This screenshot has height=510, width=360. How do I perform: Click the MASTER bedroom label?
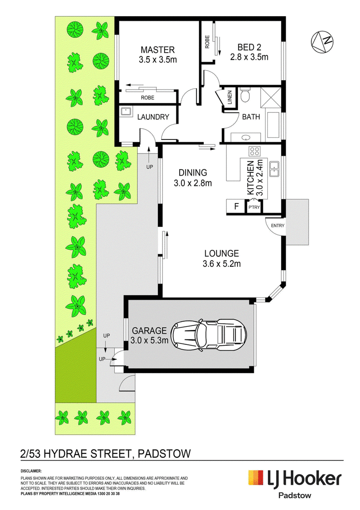(157, 50)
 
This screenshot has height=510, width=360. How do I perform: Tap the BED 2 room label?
(249, 47)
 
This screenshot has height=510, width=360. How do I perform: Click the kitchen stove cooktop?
(254, 151)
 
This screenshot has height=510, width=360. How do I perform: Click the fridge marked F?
(236, 206)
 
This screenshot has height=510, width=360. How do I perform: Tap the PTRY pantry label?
(254, 207)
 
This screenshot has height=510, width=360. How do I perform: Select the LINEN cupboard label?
(230, 97)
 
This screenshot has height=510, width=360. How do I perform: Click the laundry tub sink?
(126, 112)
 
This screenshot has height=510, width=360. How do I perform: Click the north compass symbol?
(322, 41)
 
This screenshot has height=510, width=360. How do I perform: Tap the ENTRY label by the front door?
(277, 226)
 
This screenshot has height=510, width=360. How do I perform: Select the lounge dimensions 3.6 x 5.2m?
(221, 264)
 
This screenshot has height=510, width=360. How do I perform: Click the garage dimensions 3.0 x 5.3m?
(149, 340)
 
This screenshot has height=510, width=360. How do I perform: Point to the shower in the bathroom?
(270, 97)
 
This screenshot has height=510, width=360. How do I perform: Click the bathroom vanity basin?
(246, 137)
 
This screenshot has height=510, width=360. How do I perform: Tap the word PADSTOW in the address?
(164, 453)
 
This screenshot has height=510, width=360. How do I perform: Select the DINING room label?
(193, 173)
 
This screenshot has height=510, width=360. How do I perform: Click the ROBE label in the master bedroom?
(147, 98)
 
